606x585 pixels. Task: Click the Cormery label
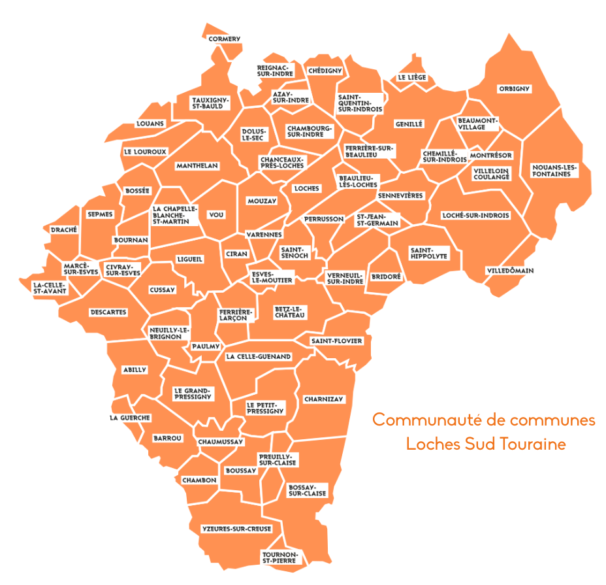click(x=224, y=39)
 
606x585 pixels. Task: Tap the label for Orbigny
click(x=515, y=89)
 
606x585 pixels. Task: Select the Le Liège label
click(x=411, y=77)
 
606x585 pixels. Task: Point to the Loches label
click(x=306, y=188)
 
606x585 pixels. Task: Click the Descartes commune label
click(x=108, y=312)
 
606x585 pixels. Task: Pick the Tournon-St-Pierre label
click(x=279, y=558)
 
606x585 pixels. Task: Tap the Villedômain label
click(x=510, y=271)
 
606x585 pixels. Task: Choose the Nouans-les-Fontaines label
click(x=554, y=170)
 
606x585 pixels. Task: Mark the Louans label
click(x=150, y=124)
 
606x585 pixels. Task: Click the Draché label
click(x=64, y=229)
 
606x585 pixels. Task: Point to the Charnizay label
click(x=323, y=399)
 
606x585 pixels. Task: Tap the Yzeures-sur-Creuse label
click(x=236, y=529)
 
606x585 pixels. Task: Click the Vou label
click(x=216, y=214)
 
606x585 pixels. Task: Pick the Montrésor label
click(x=490, y=156)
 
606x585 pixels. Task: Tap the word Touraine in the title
click(x=532, y=444)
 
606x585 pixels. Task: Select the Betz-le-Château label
click(x=290, y=312)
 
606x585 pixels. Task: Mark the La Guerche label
click(x=130, y=418)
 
